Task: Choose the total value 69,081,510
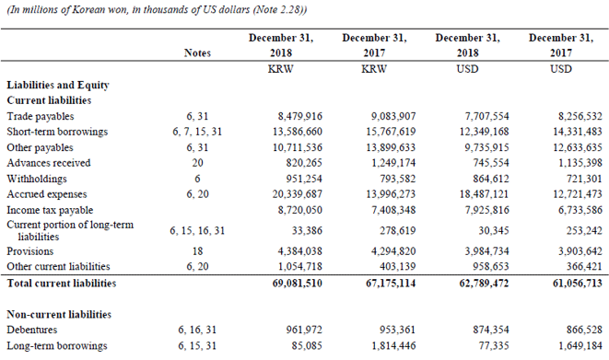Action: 296,282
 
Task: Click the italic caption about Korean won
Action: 157,9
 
